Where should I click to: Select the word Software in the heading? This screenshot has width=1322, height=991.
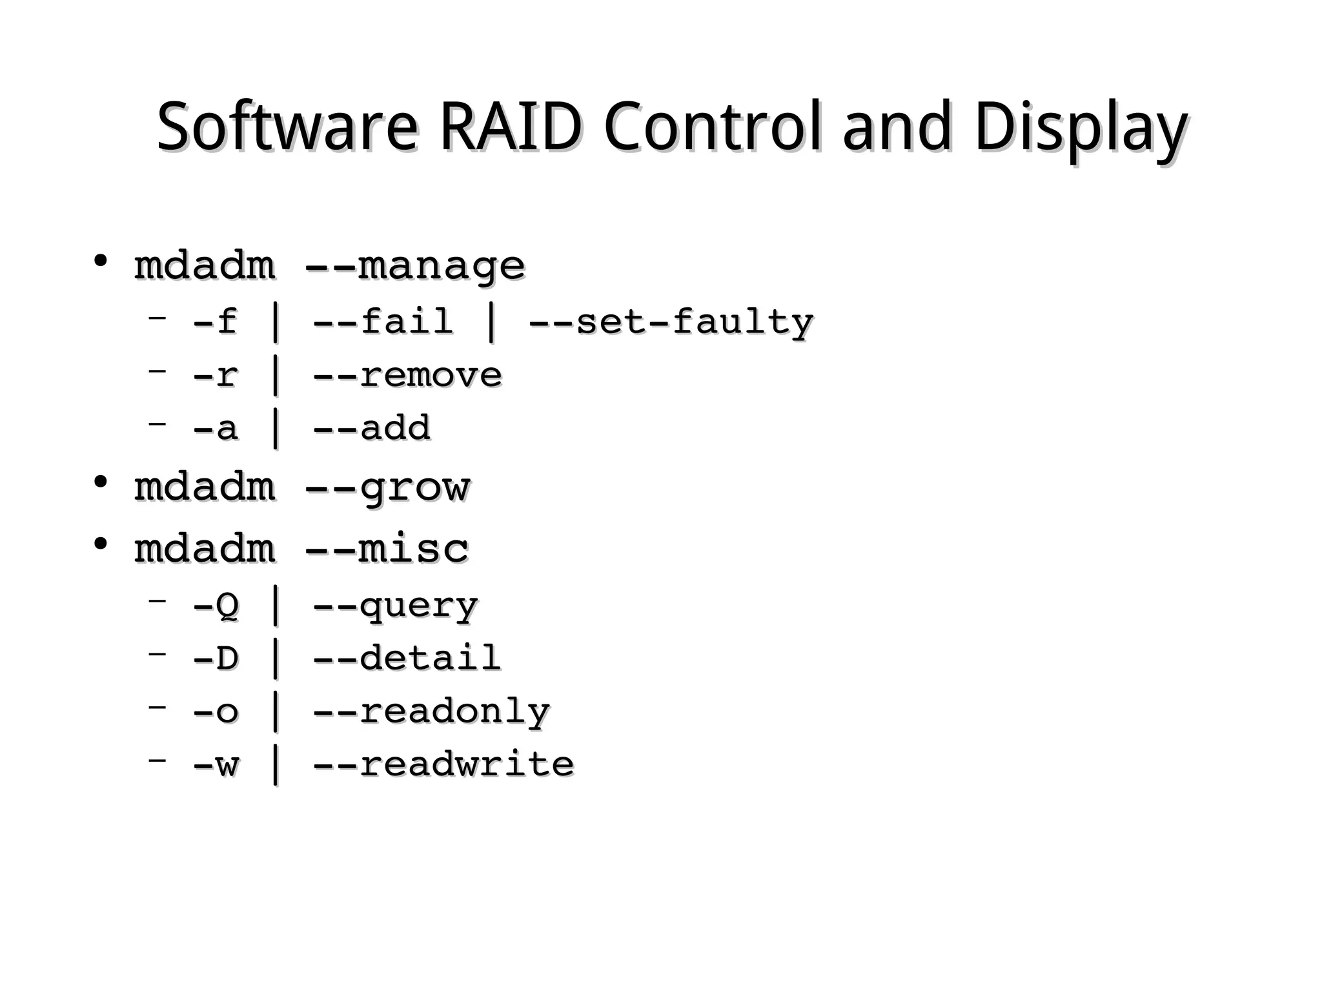click(287, 127)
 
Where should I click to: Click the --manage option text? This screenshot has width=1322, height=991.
click(414, 266)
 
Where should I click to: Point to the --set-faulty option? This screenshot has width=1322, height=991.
click(671, 322)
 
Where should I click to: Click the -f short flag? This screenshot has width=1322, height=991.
click(215, 322)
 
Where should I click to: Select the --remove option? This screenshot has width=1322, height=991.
click(407, 375)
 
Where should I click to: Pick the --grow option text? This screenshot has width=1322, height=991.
click(387, 487)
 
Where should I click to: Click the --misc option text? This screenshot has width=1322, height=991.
click(386, 549)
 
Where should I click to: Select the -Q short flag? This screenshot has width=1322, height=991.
click(216, 606)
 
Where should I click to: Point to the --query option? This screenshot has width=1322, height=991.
click(395, 606)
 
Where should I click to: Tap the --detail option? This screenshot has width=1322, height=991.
click(407, 659)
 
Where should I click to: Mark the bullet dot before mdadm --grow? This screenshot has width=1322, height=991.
click(100, 482)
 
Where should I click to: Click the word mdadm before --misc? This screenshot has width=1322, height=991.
click(205, 549)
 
